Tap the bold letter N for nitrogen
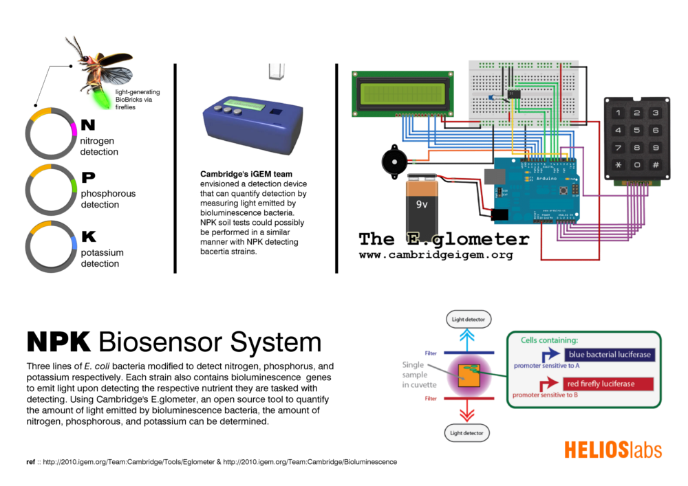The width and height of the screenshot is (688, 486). click(x=88, y=125)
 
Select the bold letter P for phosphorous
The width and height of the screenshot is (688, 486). click(x=88, y=177)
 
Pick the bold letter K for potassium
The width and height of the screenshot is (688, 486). click(x=89, y=237)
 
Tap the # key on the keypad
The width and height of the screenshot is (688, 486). click(x=656, y=165)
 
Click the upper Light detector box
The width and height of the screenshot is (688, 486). click(x=468, y=319)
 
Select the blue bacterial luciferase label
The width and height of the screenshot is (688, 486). click(x=608, y=355)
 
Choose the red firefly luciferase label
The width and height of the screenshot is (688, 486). click(x=599, y=384)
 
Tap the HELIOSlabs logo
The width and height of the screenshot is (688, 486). click(x=612, y=450)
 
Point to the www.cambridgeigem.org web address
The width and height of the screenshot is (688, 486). click(x=436, y=254)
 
